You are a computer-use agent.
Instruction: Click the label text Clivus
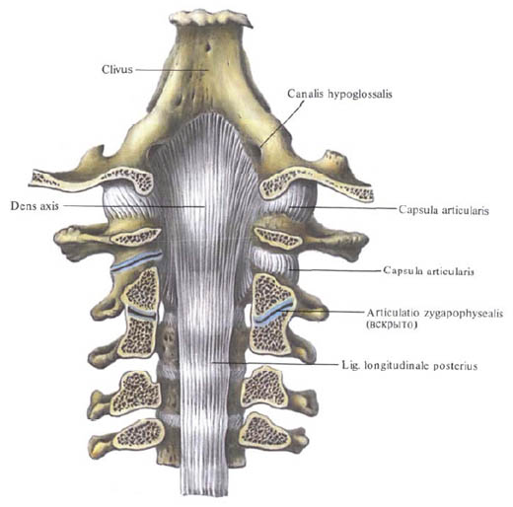(117, 69)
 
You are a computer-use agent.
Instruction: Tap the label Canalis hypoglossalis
(339, 94)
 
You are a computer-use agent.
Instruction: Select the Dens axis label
(35, 206)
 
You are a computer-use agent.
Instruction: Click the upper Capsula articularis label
(444, 210)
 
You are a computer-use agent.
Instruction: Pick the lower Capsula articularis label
(428, 271)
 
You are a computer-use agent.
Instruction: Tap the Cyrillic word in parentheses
(392, 326)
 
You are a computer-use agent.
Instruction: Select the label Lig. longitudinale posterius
(409, 366)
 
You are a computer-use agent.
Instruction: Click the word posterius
(455, 366)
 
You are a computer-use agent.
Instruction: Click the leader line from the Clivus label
(172, 70)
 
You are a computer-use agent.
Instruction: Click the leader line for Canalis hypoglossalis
(281, 123)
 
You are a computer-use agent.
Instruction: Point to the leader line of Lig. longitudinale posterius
(275, 363)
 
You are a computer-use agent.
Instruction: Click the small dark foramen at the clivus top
(208, 47)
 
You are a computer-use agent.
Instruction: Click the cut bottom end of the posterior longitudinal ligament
(204, 493)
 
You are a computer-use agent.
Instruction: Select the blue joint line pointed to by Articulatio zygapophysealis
(272, 312)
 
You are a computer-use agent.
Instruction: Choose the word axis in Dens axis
(48, 206)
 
